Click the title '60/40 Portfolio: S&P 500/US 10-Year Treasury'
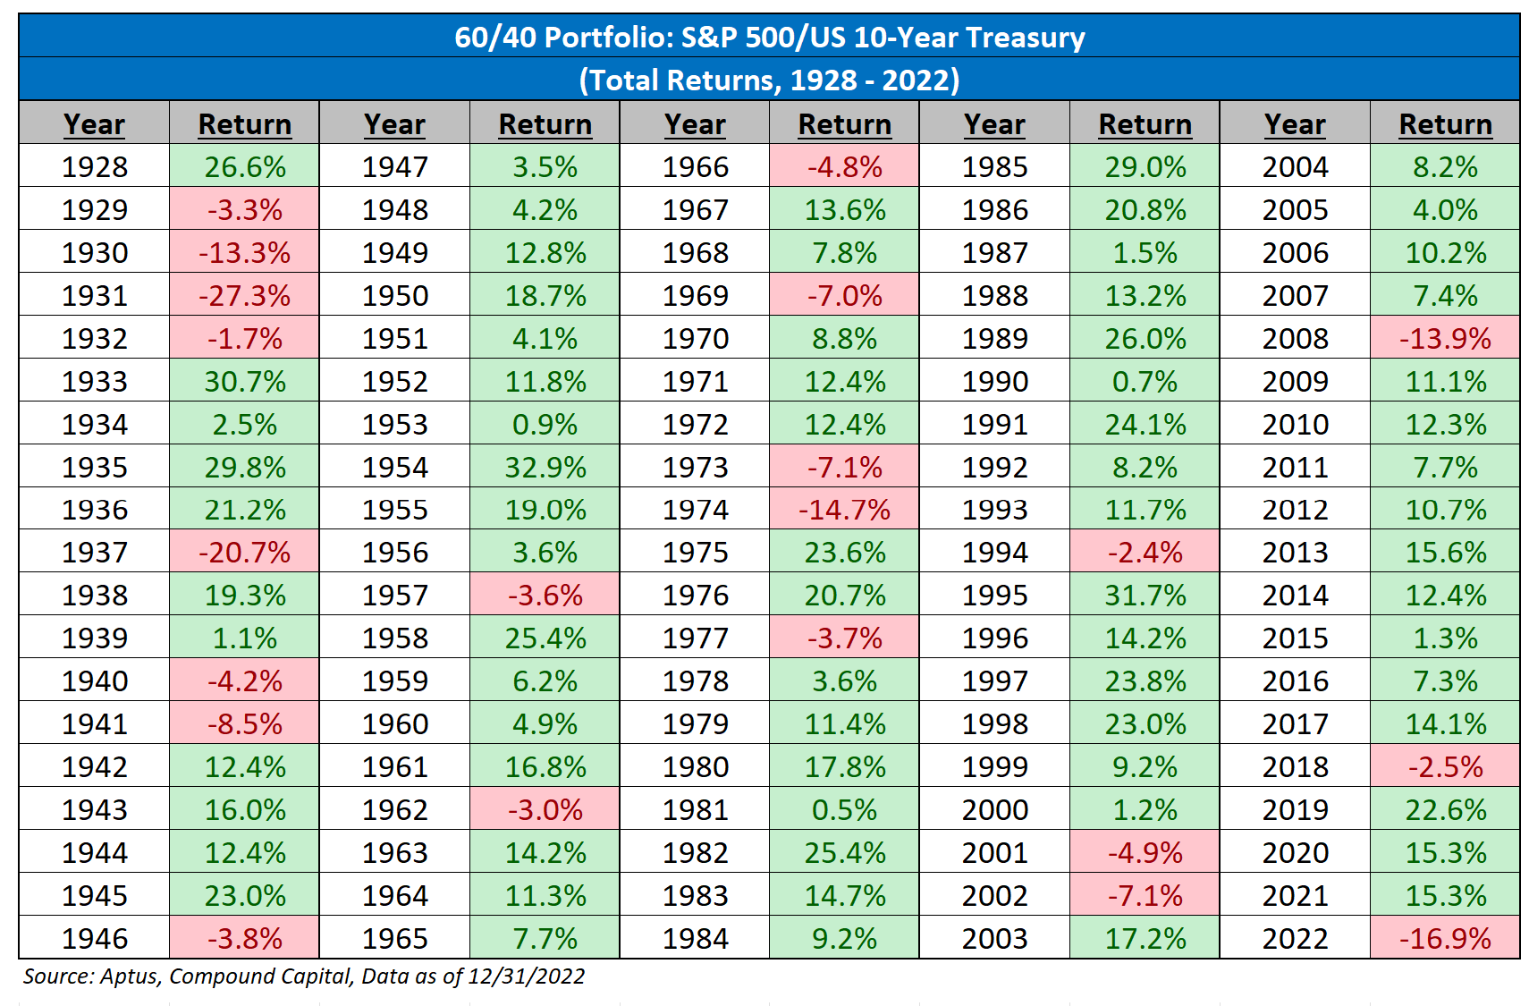(769, 37)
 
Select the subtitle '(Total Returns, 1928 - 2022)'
(769, 80)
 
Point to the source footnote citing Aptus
(304, 976)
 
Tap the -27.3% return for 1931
(244, 295)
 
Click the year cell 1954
(394, 467)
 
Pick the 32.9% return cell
(545, 467)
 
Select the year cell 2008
(1295, 338)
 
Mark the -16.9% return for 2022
(1445, 938)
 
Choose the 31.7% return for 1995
(1145, 595)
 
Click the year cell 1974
(695, 510)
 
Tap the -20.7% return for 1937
(244, 552)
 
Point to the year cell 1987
(994, 252)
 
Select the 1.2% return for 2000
(1145, 809)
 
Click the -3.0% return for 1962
(545, 809)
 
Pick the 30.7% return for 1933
(244, 381)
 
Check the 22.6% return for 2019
(1445, 809)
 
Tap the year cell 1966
(695, 166)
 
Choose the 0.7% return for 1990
(1145, 381)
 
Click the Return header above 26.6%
(244, 123)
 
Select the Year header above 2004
(1295, 123)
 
